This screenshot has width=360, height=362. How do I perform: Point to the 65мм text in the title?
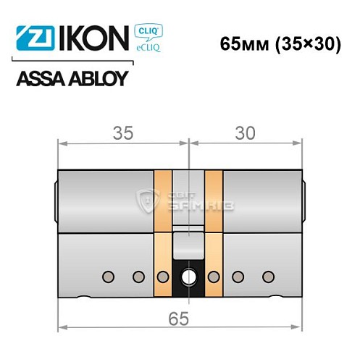pyautogui.click(x=241, y=43)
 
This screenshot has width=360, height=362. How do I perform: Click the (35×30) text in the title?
pyautogui.click(x=307, y=43)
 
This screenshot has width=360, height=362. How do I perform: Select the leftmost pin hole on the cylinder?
pyautogui.click(x=109, y=276)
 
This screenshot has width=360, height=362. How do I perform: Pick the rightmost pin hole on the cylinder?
pyautogui.click(x=268, y=276)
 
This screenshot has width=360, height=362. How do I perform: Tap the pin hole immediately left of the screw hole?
pyautogui.click(x=163, y=276)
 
